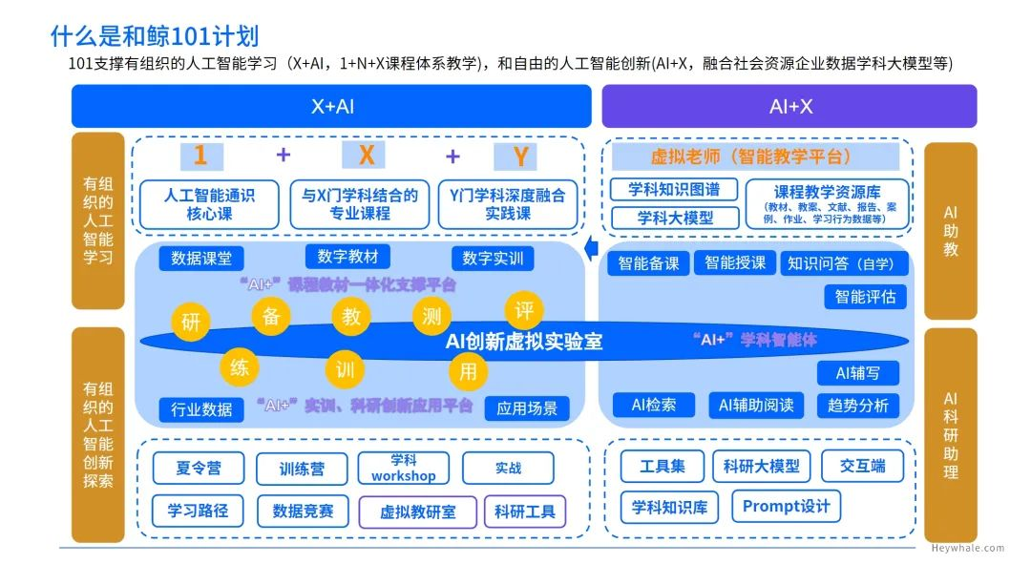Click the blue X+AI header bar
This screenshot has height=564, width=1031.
coord(332,106)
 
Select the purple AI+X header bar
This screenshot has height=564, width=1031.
coord(789,106)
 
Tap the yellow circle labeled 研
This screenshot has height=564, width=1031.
coord(191,322)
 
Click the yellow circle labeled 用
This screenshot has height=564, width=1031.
coord(467,372)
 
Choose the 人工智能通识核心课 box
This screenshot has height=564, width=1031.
coord(209,204)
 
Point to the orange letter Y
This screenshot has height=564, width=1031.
coord(520,157)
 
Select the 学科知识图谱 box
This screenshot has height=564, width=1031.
coord(674,189)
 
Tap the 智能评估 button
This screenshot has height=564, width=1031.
coord(865,297)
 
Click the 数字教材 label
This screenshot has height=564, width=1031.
coord(347,256)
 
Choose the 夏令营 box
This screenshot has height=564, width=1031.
coord(199,468)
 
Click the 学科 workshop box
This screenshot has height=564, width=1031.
coord(403,468)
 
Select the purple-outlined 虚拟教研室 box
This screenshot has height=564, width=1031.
coord(417,512)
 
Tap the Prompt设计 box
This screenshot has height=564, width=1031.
coord(786,506)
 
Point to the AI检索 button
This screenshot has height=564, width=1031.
coord(654,405)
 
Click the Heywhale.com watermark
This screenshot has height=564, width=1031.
coord(968,548)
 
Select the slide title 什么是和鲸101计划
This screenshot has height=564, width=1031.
coord(154,36)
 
